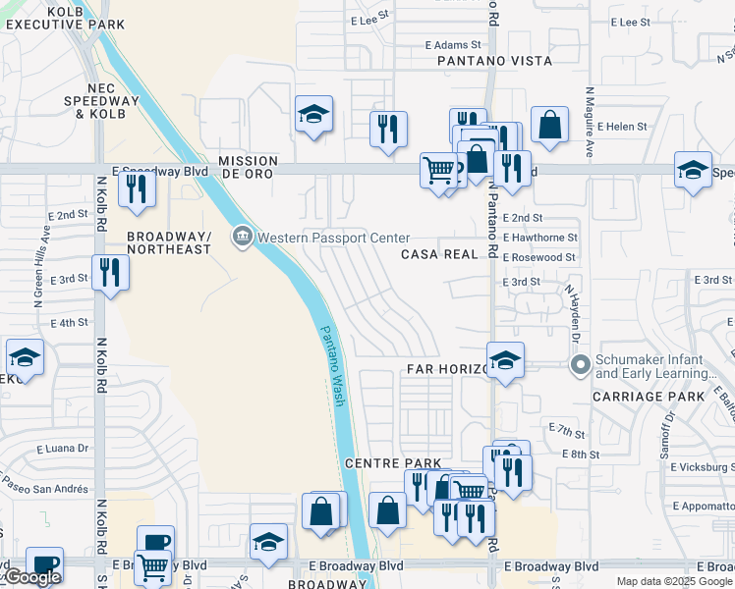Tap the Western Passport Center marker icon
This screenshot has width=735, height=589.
[x=243, y=237]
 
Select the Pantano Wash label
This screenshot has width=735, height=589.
[x=334, y=366]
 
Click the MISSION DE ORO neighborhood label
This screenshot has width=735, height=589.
[x=248, y=168]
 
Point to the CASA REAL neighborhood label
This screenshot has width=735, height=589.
[x=437, y=254]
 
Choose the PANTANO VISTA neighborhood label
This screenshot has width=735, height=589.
[x=495, y=61]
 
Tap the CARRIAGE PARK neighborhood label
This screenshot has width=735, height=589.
[x=649, y=397]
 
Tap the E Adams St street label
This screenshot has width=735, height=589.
[x=453, y=45]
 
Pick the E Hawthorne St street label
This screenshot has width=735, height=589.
[x=539, y=238]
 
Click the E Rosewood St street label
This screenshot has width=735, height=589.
[x=538, y=257]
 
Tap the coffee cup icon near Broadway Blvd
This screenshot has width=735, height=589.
[x=155, y=543]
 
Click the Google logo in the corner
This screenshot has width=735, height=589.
[x=32, y=578]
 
